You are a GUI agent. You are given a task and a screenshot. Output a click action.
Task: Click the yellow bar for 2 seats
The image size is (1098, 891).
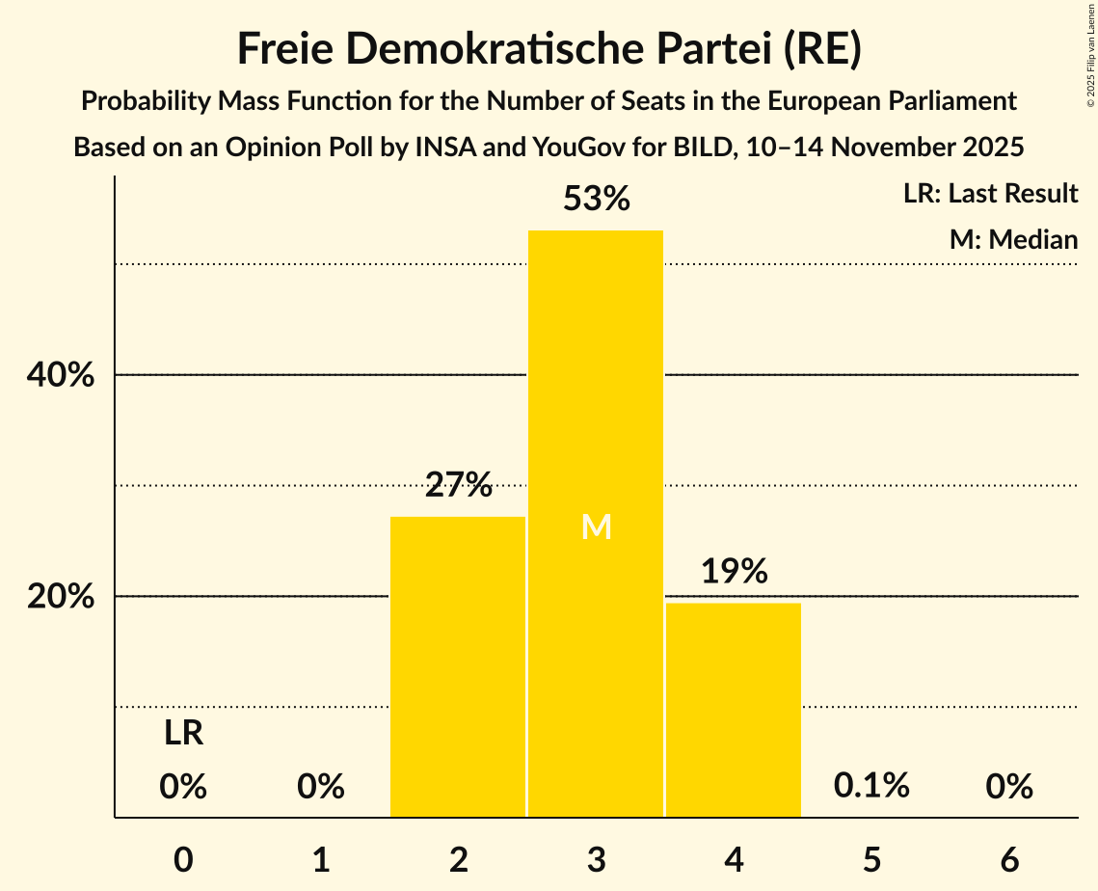click(x=458, y=666)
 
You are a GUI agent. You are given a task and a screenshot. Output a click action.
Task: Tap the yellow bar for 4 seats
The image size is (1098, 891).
click(x=734, y=710)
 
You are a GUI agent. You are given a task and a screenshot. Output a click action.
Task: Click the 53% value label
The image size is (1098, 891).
click(x=597, y=200)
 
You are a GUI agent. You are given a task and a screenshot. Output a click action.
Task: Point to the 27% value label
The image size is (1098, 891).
click(x=459, y=485)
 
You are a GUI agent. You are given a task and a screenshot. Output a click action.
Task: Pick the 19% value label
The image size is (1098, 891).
click(x=735, y=572)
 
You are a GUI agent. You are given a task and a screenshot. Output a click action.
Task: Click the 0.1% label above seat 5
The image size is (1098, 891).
click(x=871, y=786)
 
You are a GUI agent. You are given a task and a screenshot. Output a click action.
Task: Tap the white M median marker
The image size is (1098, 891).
click(x=597, y=526)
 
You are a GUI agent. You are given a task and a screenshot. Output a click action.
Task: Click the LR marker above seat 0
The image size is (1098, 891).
click(x=183, y=734)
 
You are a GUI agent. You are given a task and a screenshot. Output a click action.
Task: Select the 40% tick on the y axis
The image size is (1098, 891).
click(x=60, y=375)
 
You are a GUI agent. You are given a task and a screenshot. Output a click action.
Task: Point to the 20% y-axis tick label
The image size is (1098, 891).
click(x=60, y=597)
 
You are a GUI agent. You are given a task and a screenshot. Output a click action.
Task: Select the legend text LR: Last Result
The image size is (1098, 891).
click(x=990, y=194)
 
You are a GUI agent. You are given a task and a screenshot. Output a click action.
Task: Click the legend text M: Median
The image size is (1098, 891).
click(x=1013, y=239)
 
